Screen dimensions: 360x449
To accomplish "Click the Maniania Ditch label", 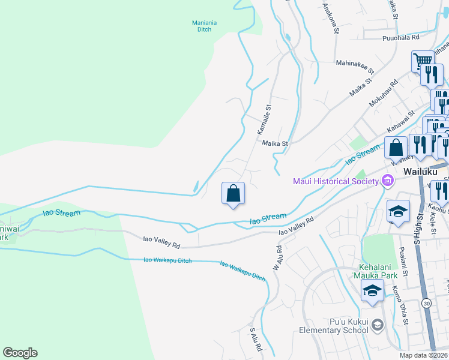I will pos(204,26).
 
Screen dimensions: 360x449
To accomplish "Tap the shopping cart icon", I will pos(423,61).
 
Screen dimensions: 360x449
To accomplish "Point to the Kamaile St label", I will pos(264,119).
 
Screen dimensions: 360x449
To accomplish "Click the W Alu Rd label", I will pos(279,257).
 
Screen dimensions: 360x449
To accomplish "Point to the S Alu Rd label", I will pos(256,339).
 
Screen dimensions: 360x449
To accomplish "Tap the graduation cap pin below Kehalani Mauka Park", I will pos(372,291).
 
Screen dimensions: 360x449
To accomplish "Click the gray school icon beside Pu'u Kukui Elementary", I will pos(377,325).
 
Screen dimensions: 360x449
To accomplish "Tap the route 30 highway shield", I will pos(426,304).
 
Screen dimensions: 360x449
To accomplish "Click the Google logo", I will pos(20,353).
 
